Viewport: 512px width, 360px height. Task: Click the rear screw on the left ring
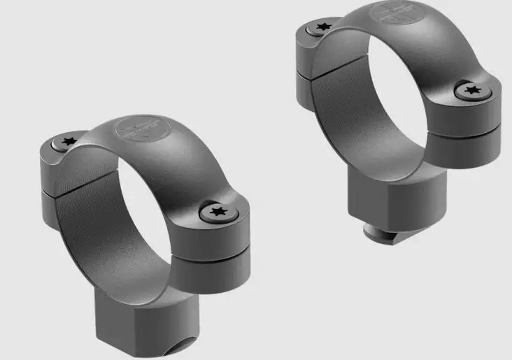pyautogui.click(x=68, y=142)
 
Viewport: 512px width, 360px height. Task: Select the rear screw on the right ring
pyautogui.click(x=322, y=27)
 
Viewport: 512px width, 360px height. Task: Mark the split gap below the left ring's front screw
pyautogui.click(x=210, y=252)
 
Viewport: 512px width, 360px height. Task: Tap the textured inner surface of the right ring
pyautogui.click(x=343, y=105)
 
